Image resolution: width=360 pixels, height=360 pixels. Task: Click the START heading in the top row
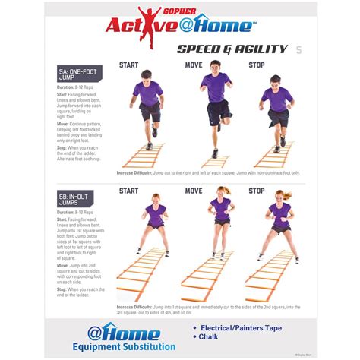(x=128, y=65)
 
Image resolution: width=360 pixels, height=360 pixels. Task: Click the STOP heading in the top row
(x=256, y=65)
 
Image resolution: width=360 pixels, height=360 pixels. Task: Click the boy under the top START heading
(x=149, y=106)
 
